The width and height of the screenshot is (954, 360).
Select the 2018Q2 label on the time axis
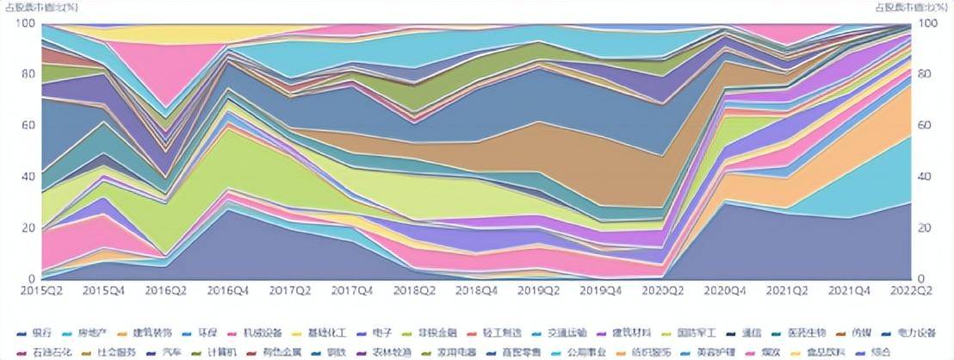415,292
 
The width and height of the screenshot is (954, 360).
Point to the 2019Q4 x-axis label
601,292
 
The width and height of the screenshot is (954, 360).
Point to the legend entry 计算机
228,351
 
